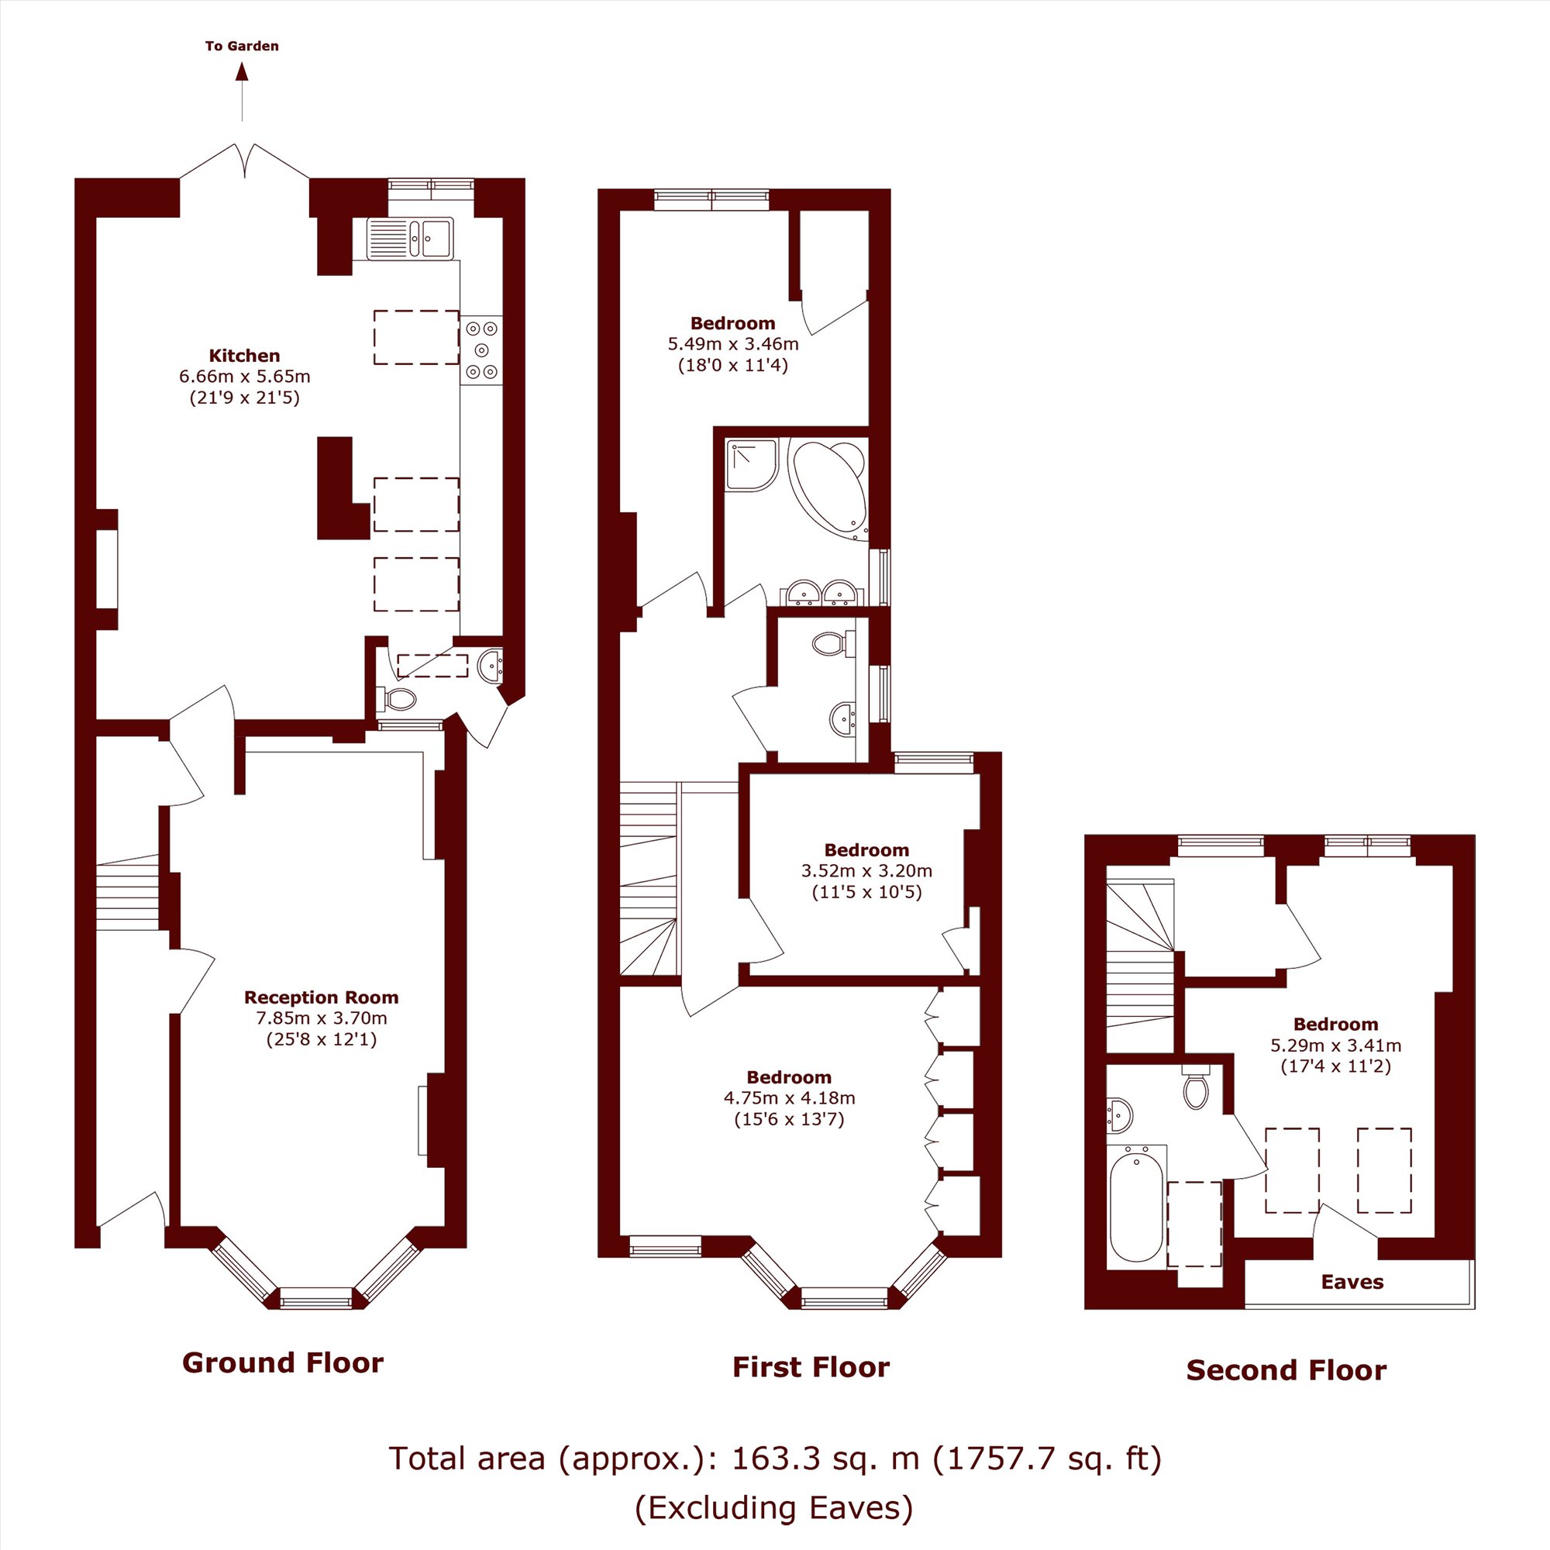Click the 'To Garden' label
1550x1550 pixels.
[x=242, y=46]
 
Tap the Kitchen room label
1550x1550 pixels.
[x=245, y=356]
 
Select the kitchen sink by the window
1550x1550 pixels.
[x=410, y=237]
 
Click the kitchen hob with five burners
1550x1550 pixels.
[x=482, y=350]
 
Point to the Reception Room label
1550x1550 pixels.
[x=321, y=997]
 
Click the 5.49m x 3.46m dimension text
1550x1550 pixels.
[x=733, y=344]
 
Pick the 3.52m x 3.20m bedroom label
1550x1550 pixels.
[x=866, y=849]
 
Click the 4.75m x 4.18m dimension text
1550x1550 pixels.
[x=790, y=1097]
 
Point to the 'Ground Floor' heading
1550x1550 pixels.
[x=282, y=1362]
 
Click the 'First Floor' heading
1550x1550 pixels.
[x=811, y=1366]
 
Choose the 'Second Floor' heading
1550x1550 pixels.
[x=1286, y=1369]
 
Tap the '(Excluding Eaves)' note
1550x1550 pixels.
[x=774, y=1507]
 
